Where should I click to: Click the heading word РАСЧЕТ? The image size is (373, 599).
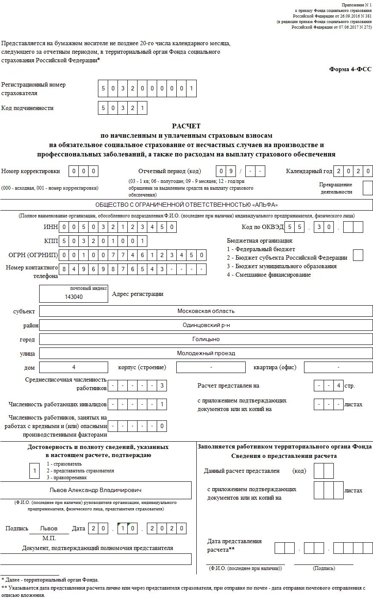tap(186, 126)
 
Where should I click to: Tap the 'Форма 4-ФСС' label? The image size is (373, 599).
tap(351, 69)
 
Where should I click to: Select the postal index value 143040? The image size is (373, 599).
tap(74, 297)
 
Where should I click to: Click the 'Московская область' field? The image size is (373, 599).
tap(206, 311)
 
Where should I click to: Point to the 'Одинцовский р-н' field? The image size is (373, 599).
tap(206, 325)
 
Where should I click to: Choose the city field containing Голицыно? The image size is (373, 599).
tap(206, 339)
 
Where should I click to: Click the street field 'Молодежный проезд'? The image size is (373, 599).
tap(206, 353)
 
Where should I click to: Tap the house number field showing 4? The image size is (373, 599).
tap(74, 367)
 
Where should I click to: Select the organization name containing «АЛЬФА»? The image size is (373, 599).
tap(186, 205)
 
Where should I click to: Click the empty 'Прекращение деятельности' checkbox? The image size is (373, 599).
tap(367, 188)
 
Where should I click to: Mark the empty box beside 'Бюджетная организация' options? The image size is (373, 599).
tap(358, 255)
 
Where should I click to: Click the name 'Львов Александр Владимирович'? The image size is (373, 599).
tap(96, 490)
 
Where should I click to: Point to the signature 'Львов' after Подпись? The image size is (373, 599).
tap(49, 529)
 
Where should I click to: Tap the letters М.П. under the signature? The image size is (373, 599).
tap(49, 538)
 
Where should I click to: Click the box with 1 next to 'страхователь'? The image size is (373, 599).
tap(34, 471)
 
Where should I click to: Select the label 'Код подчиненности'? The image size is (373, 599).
tap(27, 108)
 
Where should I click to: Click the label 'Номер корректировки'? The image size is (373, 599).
tap(31, 171)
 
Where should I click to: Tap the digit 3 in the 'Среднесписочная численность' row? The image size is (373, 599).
tap(162, 386)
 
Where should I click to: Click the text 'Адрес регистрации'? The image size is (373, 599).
tap(138, 294)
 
